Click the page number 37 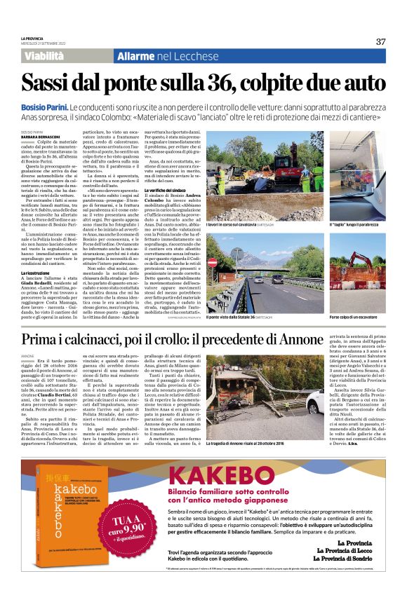380,41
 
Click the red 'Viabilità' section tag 47,55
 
